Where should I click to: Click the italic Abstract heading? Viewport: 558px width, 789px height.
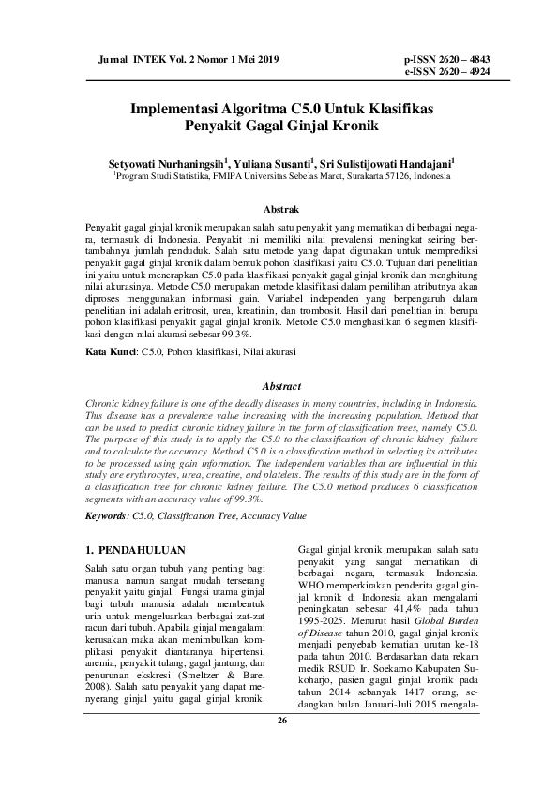click(282, 386)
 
